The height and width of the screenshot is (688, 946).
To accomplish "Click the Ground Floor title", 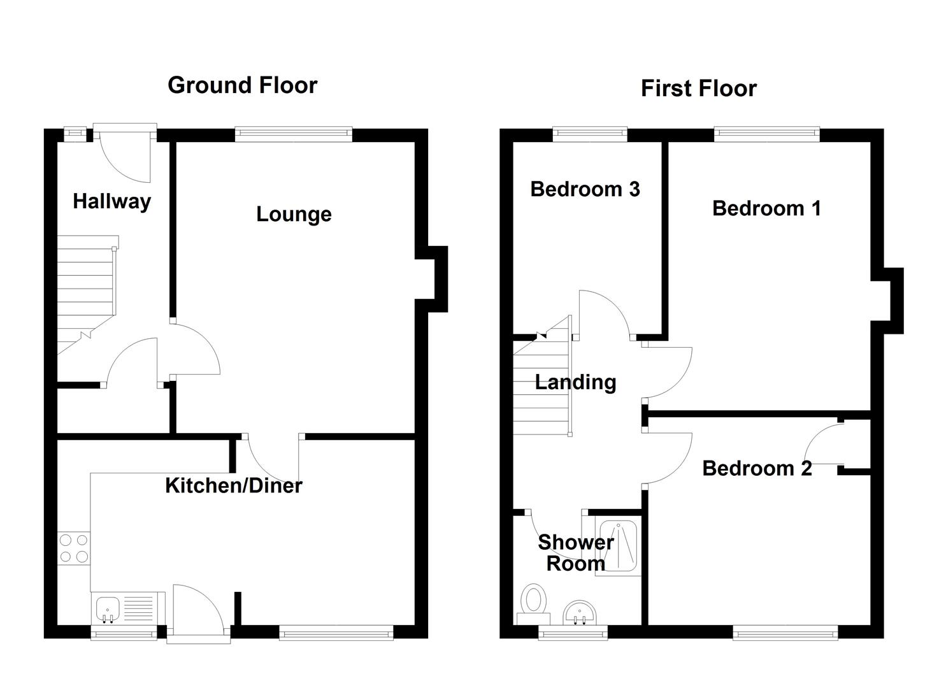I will click(242, 85).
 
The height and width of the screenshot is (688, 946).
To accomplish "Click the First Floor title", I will click(698, 89).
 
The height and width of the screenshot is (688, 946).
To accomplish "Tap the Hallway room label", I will click(111, 201).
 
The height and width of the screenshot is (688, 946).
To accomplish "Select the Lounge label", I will click(294, 215).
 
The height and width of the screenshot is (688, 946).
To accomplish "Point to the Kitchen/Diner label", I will click(233, 486).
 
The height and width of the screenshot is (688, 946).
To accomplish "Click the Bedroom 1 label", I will click(766, 208).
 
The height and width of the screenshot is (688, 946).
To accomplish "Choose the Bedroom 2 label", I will click(757, 469).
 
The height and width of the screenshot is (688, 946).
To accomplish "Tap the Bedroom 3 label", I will click(585, 189).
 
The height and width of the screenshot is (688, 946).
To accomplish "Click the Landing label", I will click(575, 382).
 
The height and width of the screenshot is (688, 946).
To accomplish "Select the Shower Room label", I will click(575, 553).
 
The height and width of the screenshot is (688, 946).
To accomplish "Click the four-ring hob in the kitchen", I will click(74, 548).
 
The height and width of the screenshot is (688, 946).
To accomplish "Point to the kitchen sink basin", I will click(106, 609).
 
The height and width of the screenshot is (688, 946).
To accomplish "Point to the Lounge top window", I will click(293, 134).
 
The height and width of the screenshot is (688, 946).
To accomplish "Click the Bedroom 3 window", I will click(590, 134).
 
